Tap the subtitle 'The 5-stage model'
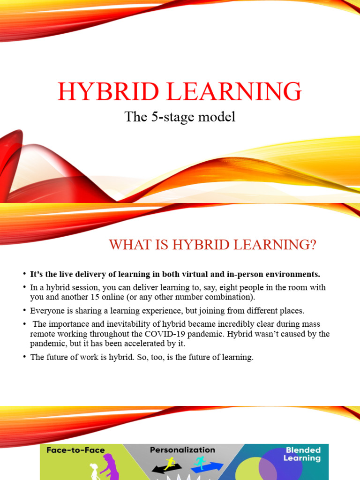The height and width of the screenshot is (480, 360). tap(180, 117)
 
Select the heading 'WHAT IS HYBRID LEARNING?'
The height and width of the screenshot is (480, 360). tap(213, 245)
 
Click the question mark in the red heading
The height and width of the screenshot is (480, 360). tap(313, 245)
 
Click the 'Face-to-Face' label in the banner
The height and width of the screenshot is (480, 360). tap(75, 450)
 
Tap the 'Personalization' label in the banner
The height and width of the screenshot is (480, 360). tap(182, 450)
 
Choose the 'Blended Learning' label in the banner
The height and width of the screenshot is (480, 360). tap(302, 454)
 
